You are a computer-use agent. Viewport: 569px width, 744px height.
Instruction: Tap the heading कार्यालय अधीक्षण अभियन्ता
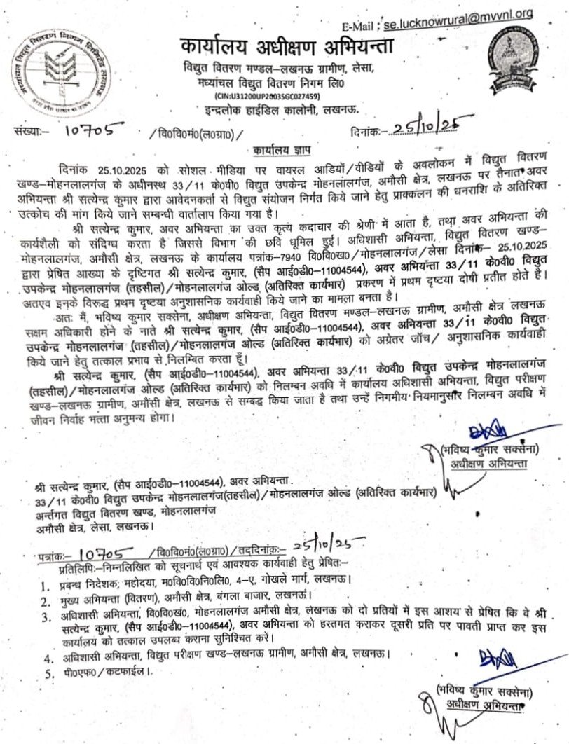[287, 48]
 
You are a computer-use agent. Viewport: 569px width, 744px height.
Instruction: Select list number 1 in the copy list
[44, 581]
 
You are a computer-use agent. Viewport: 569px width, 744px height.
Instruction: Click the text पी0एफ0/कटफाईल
[104, 673]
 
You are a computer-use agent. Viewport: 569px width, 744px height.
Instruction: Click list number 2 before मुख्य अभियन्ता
[46, 600]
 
